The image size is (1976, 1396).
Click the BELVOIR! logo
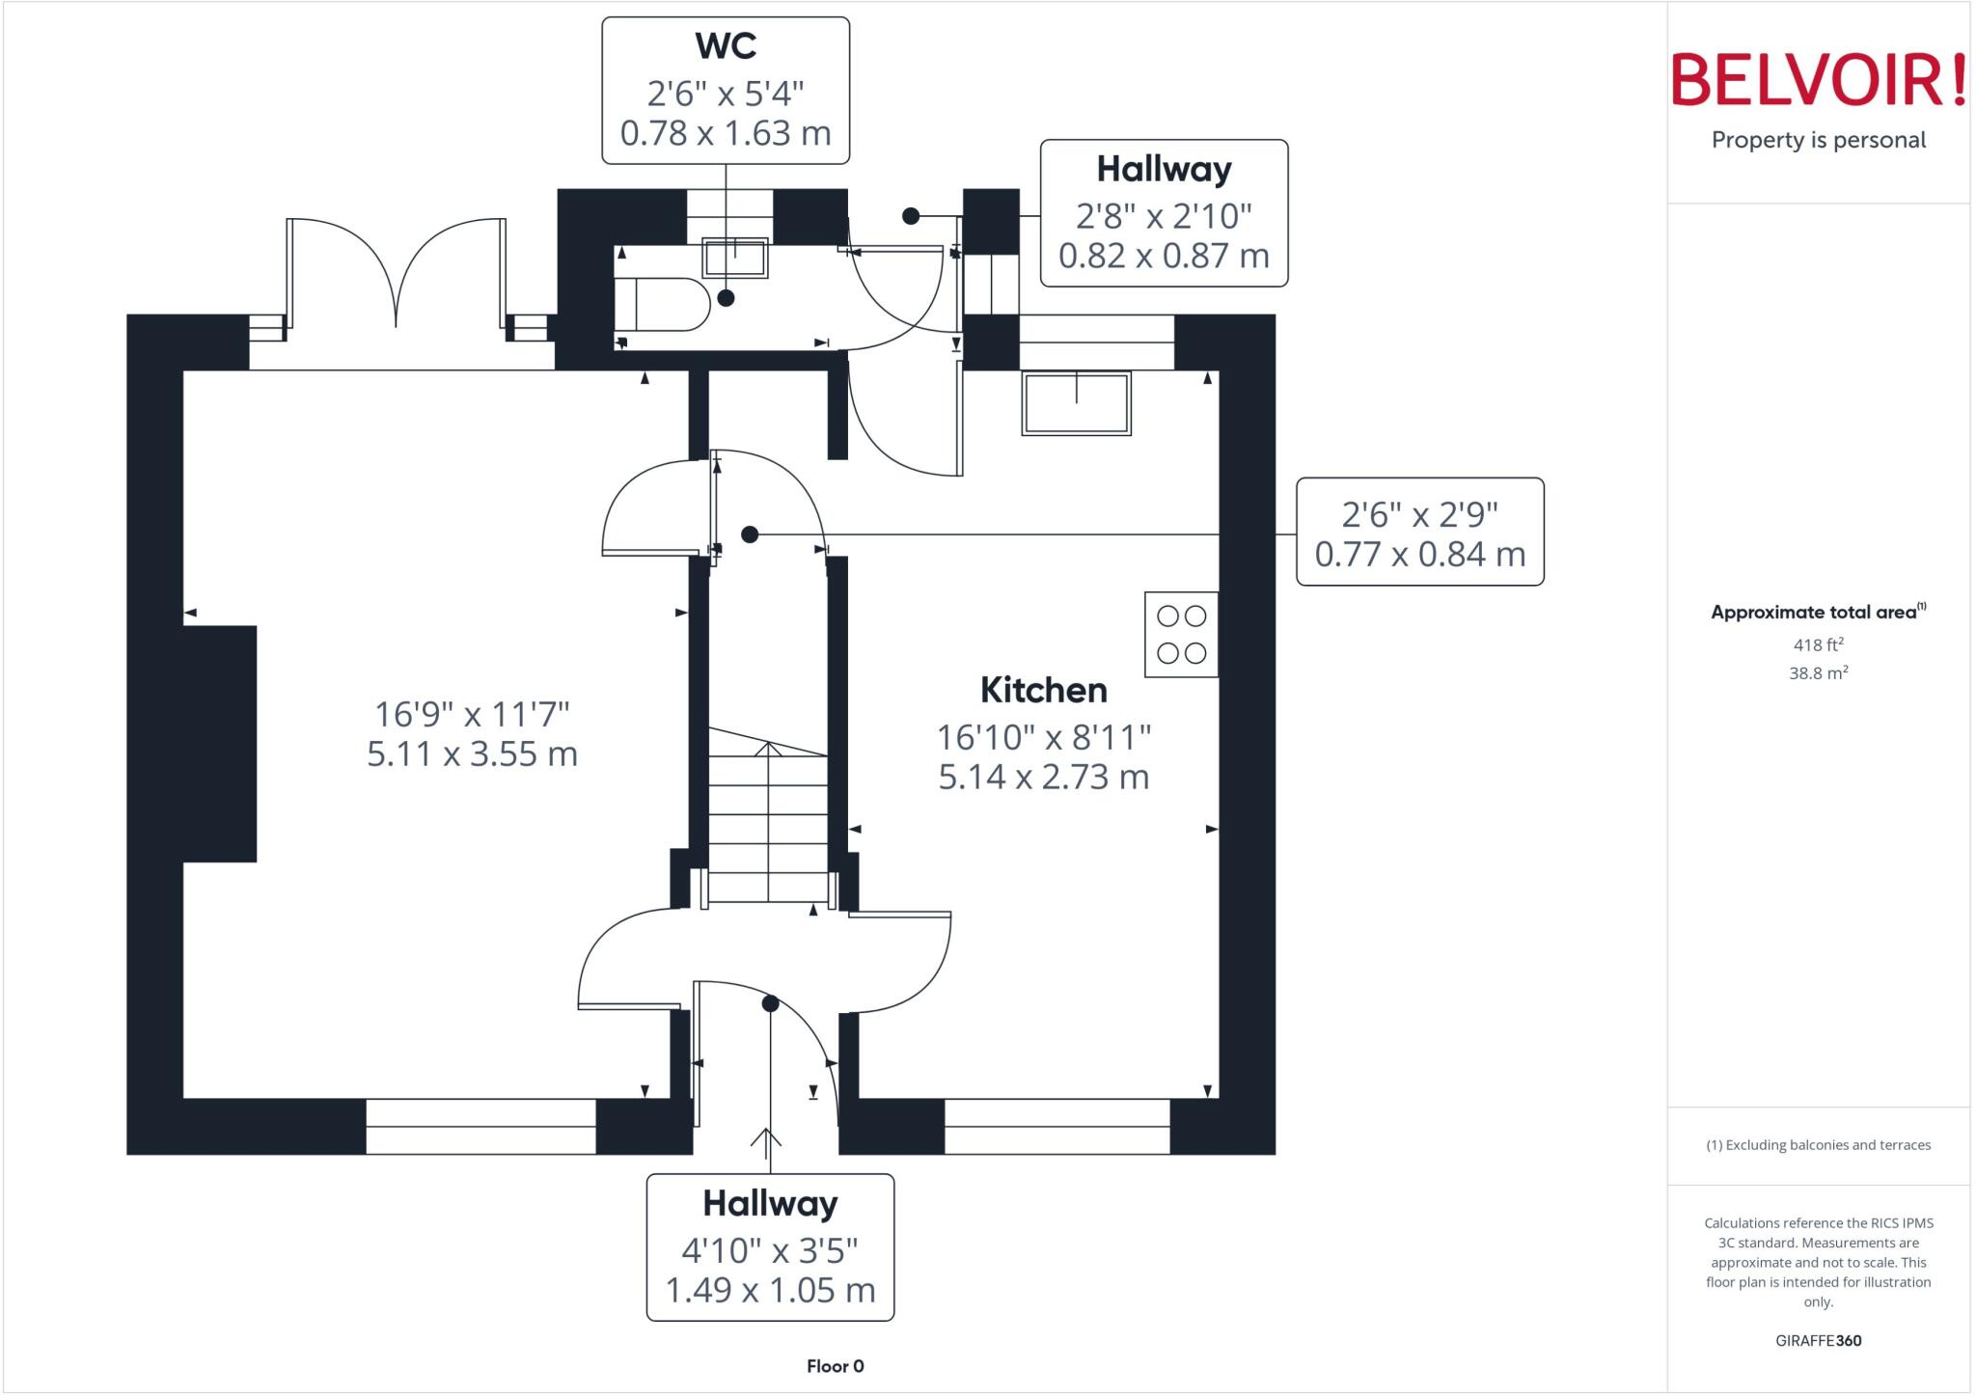click(1818, 80)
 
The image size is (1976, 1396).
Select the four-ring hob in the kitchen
click(1182, 634)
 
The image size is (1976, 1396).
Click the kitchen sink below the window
click(1077, 403)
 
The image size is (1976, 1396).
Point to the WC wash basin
click(735, 258)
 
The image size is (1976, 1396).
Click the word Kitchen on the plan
click(1044, 690)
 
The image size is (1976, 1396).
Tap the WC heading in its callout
click(726, 45)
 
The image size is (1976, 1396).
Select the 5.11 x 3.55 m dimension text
click(472, 753)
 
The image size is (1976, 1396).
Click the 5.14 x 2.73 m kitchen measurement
click(1044, 777)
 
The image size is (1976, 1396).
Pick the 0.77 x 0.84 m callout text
click(1420, 555)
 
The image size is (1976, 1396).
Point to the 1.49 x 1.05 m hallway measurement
click(770, 1290)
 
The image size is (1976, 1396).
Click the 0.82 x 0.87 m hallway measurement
click(1164, 256)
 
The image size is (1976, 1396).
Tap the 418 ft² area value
click(1819, 644)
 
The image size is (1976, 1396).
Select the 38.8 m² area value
click(1819, 672)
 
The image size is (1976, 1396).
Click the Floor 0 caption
click(836, 1366)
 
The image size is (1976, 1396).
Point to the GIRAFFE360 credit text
click(1819, 1340)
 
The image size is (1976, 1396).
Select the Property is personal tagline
click(1819, 140)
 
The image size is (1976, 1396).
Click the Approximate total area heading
click(1819, 612)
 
